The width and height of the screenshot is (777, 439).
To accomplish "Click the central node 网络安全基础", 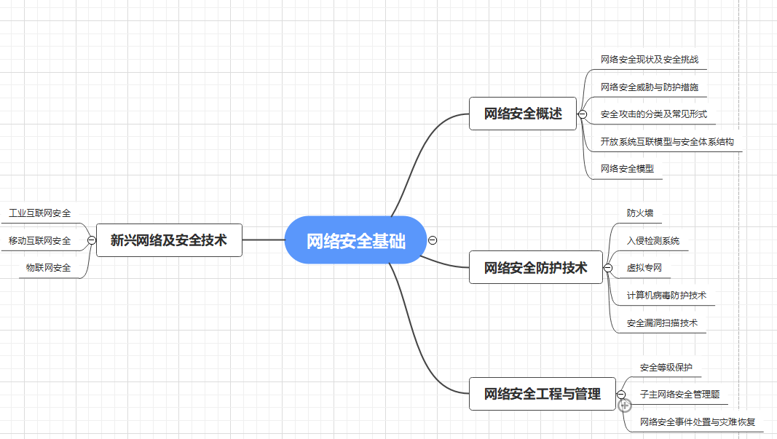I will tap(355, 240).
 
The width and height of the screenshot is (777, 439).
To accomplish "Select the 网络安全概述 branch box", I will tap(523, 114).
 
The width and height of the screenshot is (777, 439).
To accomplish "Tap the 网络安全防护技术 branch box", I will tap(535, 268).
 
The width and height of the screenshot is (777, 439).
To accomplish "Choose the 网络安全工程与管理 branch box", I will tap(543, 394).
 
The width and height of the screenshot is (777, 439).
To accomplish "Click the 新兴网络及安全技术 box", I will tap(169, 240).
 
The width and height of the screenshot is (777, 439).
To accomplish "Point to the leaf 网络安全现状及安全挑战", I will tap(649, 60).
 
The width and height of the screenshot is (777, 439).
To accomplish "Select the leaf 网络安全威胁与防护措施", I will tap(649, 87).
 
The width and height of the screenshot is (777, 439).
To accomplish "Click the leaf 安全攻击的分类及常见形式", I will tap(653, 114).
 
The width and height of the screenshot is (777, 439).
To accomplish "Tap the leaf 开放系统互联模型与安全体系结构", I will tap(666, 141).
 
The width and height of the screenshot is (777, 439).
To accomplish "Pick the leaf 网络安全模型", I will tap(627, 168).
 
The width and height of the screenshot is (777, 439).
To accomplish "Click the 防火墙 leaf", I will tap(640, 213).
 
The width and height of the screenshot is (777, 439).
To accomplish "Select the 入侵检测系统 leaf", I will tap(653, 240).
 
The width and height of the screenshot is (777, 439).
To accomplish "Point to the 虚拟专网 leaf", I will tap(644, 268).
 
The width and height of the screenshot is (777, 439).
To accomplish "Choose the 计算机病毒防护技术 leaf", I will tap(666, 296).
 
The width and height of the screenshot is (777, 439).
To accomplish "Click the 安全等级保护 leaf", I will tap(666, 367).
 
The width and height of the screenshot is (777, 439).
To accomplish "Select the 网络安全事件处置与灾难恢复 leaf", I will tap(697, 422).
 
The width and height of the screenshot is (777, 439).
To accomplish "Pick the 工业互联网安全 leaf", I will tap(40, 213).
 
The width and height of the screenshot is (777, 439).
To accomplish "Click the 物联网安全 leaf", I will tap(49, 268).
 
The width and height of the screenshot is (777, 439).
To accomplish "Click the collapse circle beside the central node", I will tap(433, 240).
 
